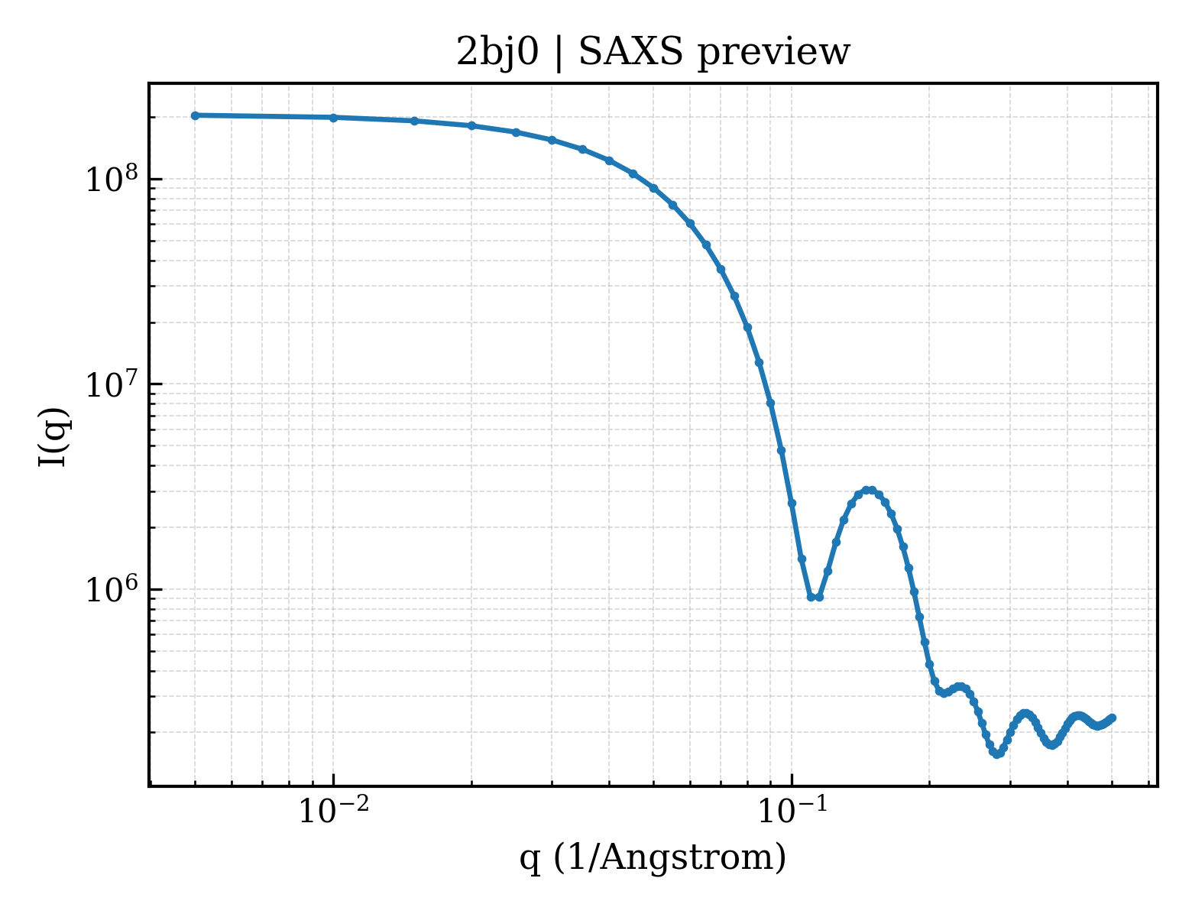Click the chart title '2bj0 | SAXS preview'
(653, 53)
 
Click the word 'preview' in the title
(773, 55)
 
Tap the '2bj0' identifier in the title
(497, 53)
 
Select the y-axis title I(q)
(54, 437)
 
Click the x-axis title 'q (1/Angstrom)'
(653, 857)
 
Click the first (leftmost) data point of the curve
(195, 115)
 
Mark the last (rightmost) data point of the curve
(1112, 718)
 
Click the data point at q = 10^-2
(333, 118)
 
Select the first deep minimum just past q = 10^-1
(815, 598)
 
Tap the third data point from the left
(414, 122)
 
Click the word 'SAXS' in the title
(631, 53)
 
